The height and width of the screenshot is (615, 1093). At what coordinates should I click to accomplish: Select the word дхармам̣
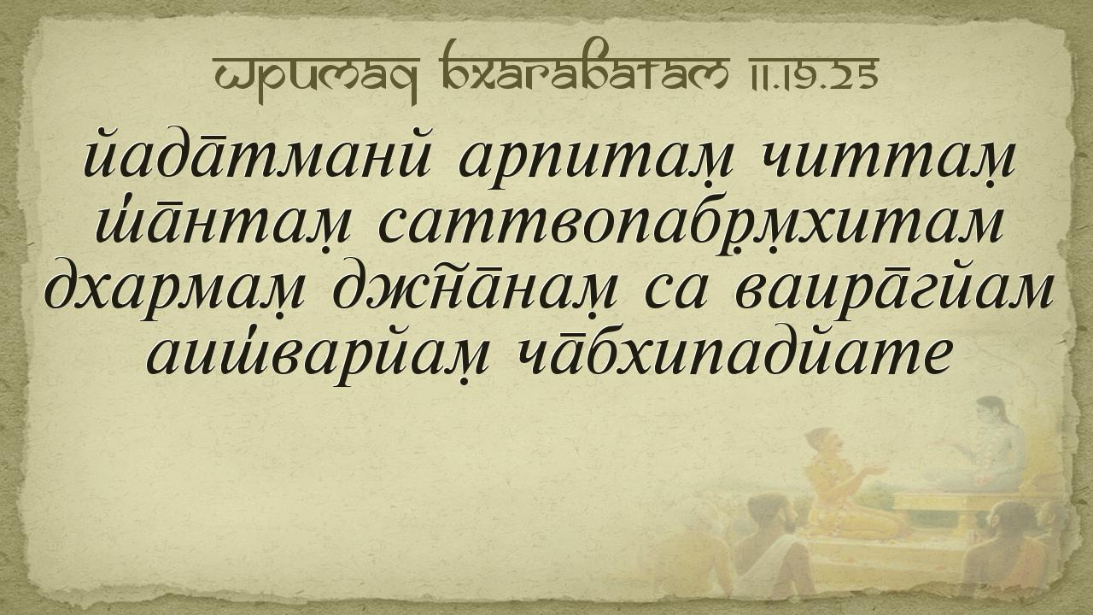click(x=175, y=291)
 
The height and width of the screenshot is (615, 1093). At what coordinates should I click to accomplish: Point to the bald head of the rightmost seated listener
click(x=1015, y=518)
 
